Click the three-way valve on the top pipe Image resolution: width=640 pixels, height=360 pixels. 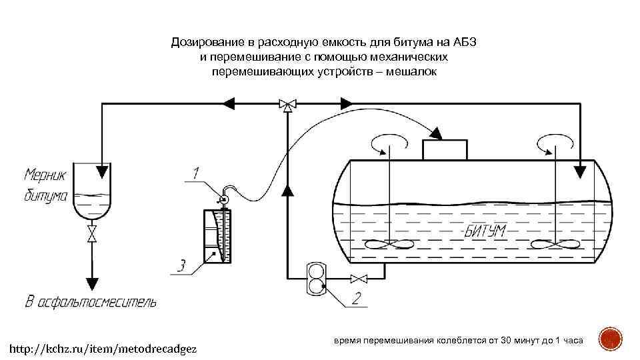(x=288, y=104)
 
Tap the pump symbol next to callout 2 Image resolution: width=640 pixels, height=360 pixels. (x=315, y=278)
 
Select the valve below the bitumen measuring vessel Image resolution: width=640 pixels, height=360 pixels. (x=92, y=234)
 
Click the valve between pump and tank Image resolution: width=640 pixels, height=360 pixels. (x=359, y=278)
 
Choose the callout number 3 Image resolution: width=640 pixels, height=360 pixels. (x=181, y=267)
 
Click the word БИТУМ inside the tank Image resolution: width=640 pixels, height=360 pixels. (x=485, y=231)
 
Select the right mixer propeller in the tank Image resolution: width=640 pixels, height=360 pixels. (x=555, y=245)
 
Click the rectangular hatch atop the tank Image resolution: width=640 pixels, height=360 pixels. (x=445, y=149)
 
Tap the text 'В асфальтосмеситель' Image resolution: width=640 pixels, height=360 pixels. (x=91, y=302)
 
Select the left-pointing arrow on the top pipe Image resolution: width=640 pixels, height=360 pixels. (x=228, y=103)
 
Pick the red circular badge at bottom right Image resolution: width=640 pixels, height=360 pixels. (x=609, y=339)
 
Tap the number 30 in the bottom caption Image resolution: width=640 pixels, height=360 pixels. (x=509, y=341)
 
